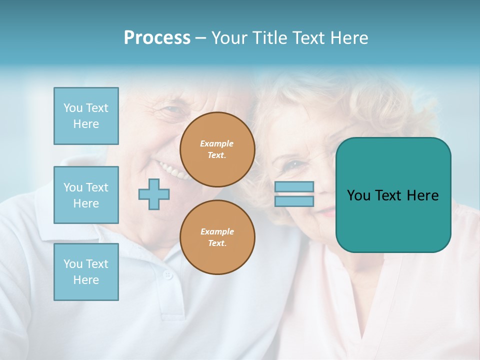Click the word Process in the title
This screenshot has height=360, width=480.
point(157,37)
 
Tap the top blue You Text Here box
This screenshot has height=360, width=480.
point(86,116)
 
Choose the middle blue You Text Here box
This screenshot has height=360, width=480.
point(86,195)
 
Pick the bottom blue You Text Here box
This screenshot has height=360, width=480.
point(86,271)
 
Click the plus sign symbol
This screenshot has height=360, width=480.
point(154,194)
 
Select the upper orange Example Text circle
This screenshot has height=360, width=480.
point(217,149)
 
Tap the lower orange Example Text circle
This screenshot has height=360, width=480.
point(217,237)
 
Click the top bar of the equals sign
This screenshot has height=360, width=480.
point(294,186)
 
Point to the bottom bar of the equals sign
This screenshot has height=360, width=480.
point(294,201)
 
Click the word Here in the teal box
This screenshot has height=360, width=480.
point(422,195)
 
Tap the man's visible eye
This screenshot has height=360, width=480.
point(172,110)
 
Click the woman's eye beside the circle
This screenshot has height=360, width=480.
point(295,164)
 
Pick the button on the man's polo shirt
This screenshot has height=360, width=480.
point(168,275)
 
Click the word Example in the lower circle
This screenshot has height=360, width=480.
point(217,231)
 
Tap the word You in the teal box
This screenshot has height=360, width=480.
point(358,195)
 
